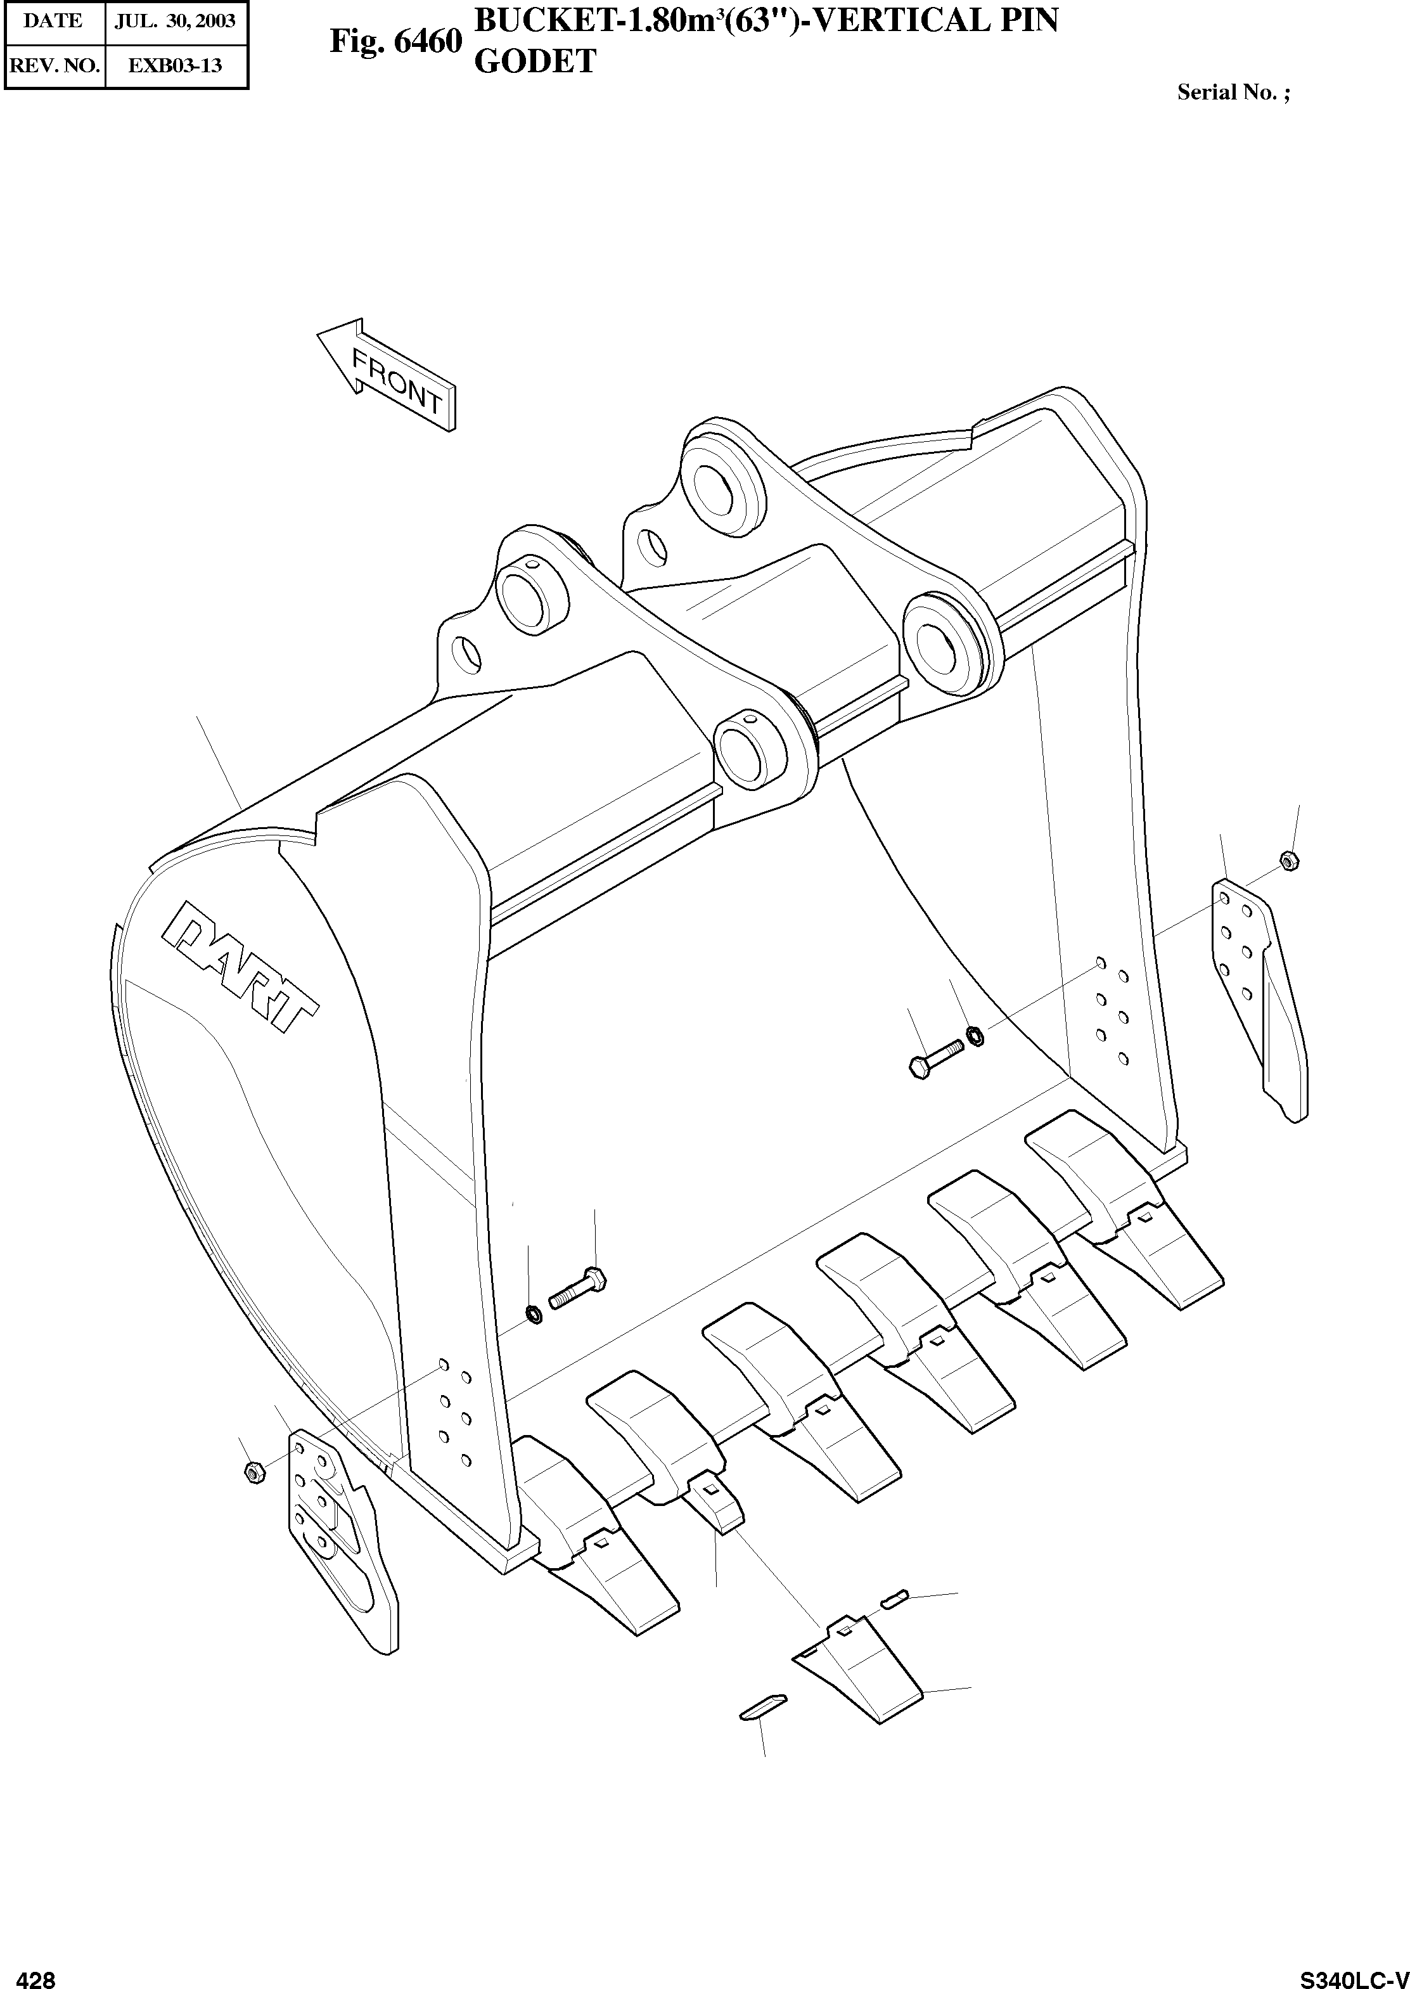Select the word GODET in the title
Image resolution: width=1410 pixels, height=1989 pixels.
(x=535, y=61)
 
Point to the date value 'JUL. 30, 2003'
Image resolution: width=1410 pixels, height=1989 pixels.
(x=176, y=21)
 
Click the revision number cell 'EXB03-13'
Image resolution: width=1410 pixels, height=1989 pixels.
(x=176, y=65)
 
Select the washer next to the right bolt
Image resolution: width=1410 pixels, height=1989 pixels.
(x=974, y=1036)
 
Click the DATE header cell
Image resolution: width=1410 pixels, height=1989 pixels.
(x=53, y=21)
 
